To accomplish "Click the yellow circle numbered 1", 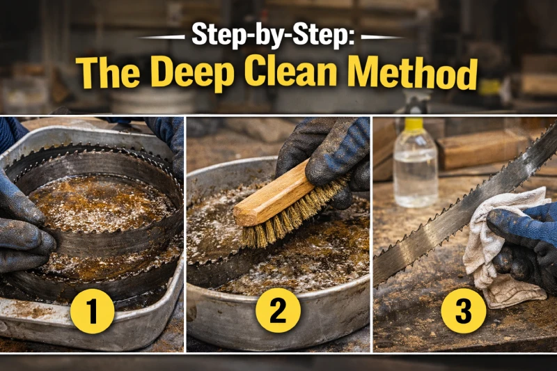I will click(x=93, y=313).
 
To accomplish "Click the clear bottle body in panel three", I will click(x=416, y=167).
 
